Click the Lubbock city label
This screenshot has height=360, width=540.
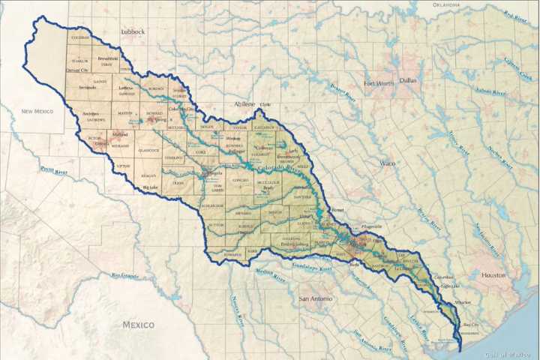(133, 31)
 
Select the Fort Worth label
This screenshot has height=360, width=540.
(379, 83)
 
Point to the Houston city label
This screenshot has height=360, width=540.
(494, 274)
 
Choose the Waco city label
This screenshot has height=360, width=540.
(388, 163)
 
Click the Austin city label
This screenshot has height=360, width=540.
(357, 244)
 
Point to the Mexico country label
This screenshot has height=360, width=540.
(139, 325)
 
